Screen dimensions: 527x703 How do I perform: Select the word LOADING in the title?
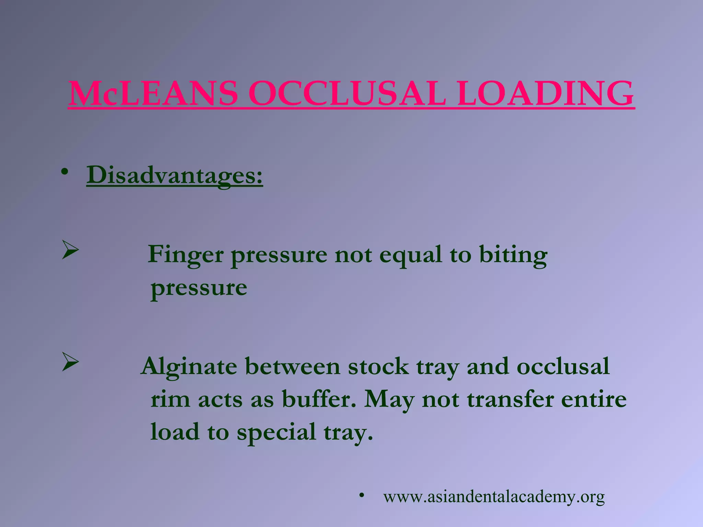pyautogui.click(x=545, y=94)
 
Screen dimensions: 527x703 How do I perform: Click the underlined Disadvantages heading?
pyautogui.click(x=174, y=176)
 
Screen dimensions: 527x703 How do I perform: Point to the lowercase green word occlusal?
pyautogui.click(x=563, y=366)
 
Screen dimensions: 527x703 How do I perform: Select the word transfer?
pyautogui.click(x=510, y=399)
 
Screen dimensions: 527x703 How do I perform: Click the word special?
pyautogui.click(x=276, y=432)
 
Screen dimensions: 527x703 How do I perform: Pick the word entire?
pyautogui.click(x=593, y=399)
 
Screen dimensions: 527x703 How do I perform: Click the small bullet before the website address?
pyautogui.click(x=361, y=495)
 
